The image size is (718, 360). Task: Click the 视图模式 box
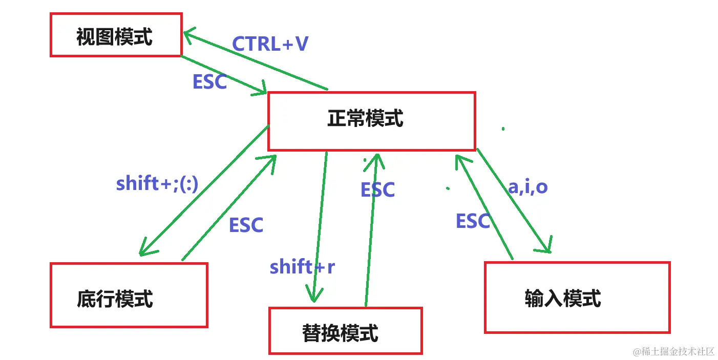coord(116,35)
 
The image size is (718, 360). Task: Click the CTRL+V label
coord(270,44)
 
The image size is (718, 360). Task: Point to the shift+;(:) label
coord(157,183)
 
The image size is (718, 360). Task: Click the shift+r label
coord(302,266)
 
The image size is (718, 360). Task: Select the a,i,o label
coord(527,187)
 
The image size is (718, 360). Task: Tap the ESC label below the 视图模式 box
coord(209,82)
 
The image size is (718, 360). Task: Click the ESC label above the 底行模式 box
coord(246,225)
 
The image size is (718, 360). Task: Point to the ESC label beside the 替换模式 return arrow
coord(377,189)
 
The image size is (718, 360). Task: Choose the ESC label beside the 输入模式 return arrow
coord(473,221)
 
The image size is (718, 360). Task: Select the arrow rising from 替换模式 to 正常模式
coord(371,230)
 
